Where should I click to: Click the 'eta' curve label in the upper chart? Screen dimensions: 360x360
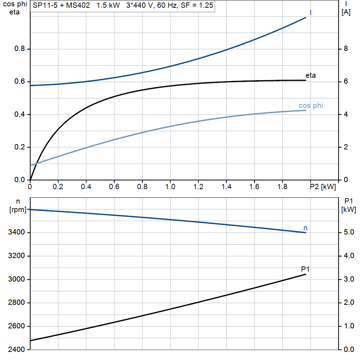(310, 75)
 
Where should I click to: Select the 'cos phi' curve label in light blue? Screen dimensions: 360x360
(311, 105)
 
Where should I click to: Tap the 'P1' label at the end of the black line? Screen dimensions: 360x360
(305, 269)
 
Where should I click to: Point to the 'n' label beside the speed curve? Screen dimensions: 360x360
(306, 228)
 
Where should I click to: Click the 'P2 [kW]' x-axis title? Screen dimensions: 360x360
(323, 187)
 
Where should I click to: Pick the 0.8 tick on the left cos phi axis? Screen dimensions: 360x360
(20, 49)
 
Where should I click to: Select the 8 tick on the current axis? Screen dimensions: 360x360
(346, 49)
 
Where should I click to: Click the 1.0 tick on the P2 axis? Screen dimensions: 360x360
(170, 187)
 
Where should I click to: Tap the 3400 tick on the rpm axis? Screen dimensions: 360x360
(16, 232)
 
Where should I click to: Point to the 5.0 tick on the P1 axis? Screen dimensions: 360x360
(349, 232)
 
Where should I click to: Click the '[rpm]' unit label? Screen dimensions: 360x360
(18, 210)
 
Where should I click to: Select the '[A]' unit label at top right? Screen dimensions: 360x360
(346, 12)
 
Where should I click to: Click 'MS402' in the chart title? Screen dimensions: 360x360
(78, 5)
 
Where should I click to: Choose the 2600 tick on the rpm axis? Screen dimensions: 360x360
(16, 326)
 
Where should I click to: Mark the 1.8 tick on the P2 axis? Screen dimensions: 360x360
(282, 187)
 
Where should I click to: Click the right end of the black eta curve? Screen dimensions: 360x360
(306, 80)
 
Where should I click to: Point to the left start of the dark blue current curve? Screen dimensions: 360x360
(31, 86)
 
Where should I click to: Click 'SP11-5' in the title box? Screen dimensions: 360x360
(45, 5)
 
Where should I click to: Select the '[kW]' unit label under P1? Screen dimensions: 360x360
(348, 210)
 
